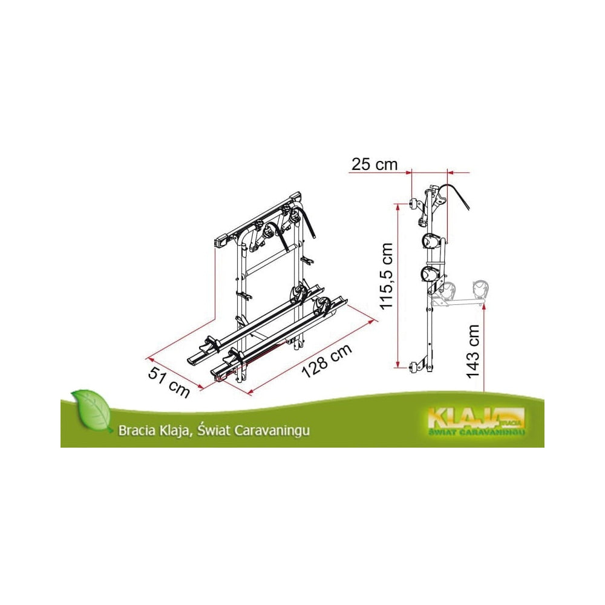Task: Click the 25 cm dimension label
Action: [374, 165]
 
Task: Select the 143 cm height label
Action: [473, 351]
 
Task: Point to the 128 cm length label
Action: [327, 361]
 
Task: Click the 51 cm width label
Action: [169, 382]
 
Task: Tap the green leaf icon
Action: [91, 410]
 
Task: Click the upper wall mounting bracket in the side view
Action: [414, 203]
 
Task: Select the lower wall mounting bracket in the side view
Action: [414, 367]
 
